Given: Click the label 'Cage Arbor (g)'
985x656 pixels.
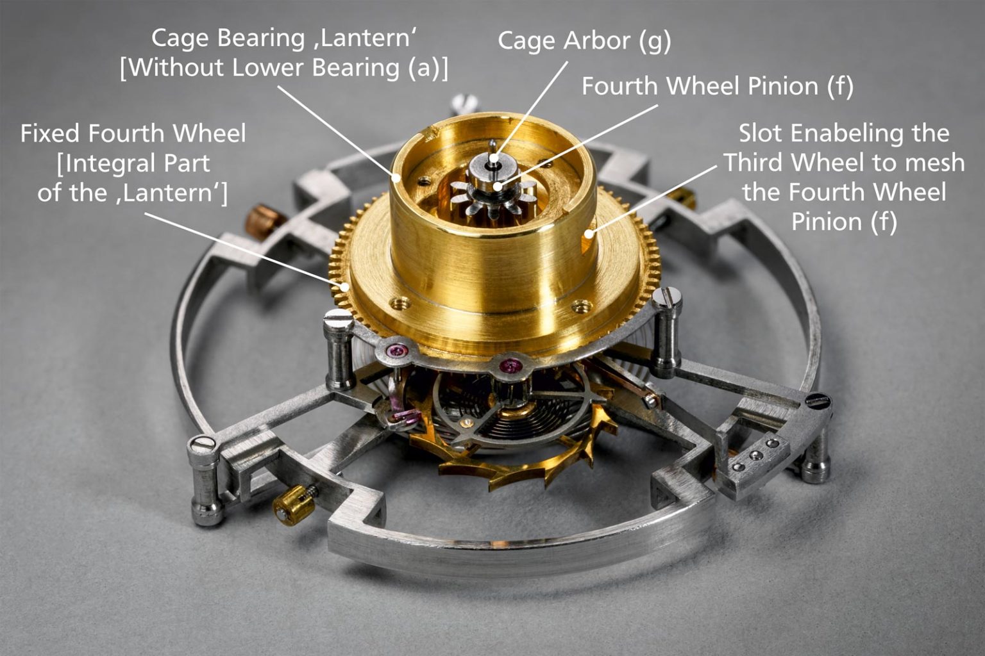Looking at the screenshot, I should tap(584, 41).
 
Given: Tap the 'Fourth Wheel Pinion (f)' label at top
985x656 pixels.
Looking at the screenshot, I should tap(717, 86).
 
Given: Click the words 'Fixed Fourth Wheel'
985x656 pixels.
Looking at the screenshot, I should tap(133, 133).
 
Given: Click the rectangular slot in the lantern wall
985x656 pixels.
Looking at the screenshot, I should tap(588, 240).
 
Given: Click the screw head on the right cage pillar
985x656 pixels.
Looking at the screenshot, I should tap(665, 297).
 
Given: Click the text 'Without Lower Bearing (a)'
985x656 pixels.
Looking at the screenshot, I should tap(284, 67).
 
